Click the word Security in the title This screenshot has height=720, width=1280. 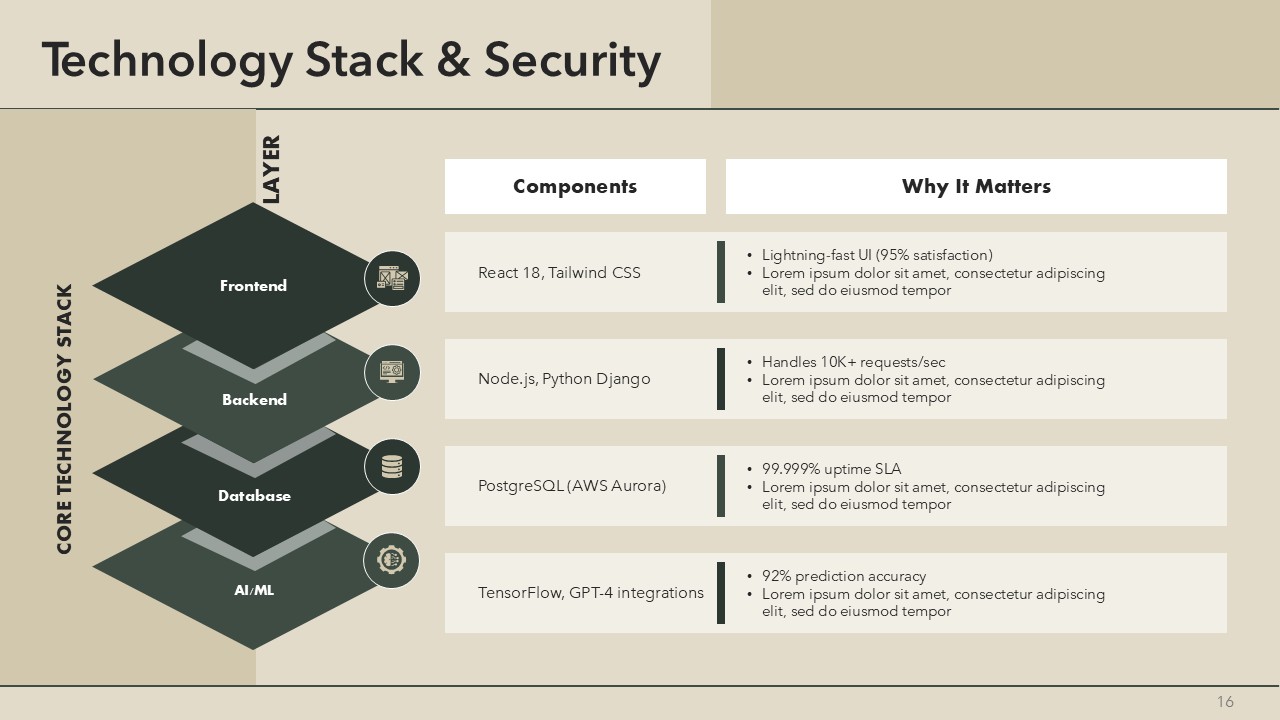572,60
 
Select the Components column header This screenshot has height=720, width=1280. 575,186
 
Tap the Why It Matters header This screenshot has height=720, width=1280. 976,186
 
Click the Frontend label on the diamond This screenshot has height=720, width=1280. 253,286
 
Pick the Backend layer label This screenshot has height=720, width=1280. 254,400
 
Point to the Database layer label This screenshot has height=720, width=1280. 254,496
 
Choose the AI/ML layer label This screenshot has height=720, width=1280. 254,590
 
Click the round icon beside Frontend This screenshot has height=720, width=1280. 391,278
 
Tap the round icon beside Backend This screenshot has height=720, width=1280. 391,372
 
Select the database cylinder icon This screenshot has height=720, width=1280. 391,466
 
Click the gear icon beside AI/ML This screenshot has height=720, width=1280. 391,560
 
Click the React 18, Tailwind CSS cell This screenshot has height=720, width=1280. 559,273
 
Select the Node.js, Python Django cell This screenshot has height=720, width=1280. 564,379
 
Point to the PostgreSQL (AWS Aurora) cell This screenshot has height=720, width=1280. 572,486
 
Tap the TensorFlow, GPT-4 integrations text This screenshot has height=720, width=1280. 590,593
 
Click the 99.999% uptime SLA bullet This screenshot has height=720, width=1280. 831,469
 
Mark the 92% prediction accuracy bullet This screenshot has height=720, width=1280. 843,576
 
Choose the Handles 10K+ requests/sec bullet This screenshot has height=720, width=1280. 853,362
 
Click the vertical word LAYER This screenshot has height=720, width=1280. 271,170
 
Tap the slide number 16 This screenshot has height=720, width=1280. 1225,702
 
